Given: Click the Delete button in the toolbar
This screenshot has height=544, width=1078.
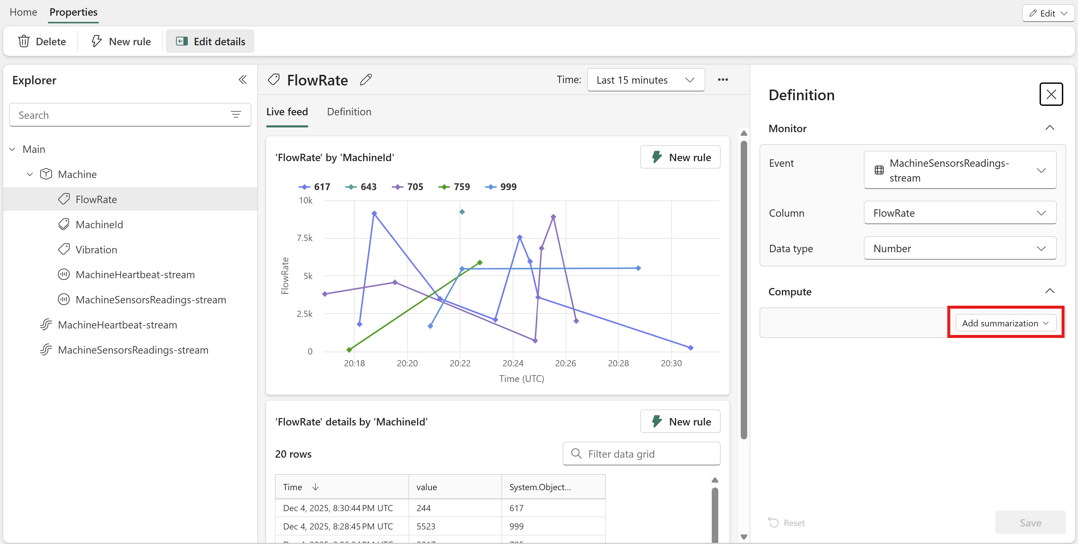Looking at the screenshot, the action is coord(42,41).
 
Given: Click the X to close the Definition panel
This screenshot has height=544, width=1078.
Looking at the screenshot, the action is coord(1051,95).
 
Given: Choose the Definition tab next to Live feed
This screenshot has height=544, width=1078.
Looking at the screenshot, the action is coord(349,112).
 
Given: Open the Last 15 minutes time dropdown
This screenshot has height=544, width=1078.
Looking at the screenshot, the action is coord(646,80).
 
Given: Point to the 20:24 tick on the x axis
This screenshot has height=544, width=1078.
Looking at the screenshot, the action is coord(513,363).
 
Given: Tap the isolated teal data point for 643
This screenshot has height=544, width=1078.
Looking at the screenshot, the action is coord(462,212).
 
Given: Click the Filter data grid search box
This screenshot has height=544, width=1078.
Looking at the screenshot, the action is coord(641,454).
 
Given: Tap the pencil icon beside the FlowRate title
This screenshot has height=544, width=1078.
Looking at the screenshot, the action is coord(366,80).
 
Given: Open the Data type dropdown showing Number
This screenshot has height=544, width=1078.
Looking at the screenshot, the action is coord(960,248).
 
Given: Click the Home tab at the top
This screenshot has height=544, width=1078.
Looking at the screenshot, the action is coord(23,12).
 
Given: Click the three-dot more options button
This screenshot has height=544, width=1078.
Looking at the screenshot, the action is coord(723,80).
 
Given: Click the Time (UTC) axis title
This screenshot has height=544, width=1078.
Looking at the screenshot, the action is coord(521,378).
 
